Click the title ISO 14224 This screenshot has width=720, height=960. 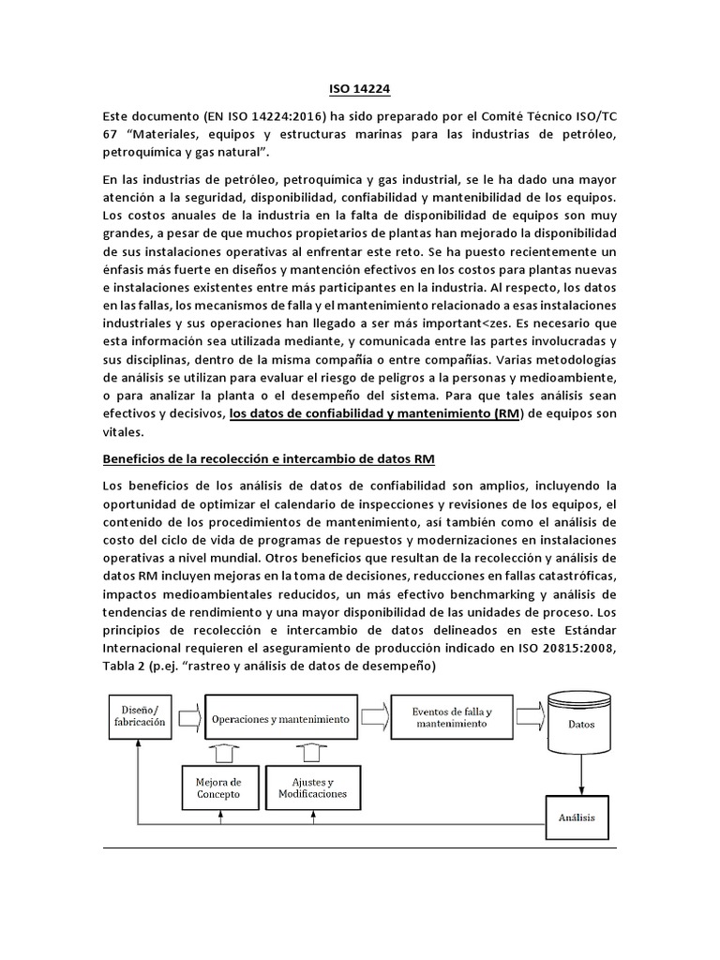359,89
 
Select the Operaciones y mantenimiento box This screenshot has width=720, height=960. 280,719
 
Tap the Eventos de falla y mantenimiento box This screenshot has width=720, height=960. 452,718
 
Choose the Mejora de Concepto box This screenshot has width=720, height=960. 218,787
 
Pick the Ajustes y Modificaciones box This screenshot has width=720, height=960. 306,787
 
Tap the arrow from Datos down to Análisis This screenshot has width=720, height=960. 581,773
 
